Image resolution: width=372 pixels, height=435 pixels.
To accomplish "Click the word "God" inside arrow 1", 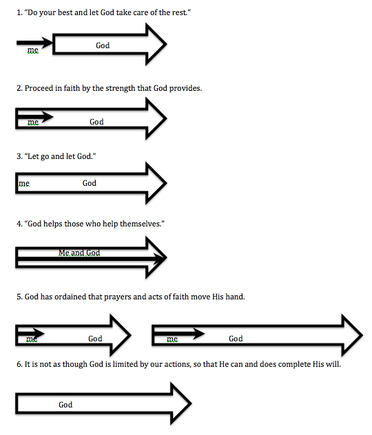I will [x=103, y=45].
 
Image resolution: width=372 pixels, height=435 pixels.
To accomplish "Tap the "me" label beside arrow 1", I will [x=32, y=50].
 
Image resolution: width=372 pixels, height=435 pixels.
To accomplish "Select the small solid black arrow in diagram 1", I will [x=34, y=43].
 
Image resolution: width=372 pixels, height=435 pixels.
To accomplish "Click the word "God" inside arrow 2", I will [x=96, y=122].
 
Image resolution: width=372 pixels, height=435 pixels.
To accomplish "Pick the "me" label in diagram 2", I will [x=32, y=123].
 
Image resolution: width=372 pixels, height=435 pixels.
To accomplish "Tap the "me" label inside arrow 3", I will [x=24, y=184].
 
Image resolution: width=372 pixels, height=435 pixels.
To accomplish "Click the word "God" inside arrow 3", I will [x=90, y=183].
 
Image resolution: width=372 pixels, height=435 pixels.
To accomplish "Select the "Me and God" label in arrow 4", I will [x=79, y=253].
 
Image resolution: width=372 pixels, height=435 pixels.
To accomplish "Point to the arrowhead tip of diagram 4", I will [x=165, y=258].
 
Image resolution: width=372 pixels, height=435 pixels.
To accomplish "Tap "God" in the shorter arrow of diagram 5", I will [x=95, y=339].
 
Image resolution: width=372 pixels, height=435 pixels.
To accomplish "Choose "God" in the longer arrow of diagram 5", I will [x=236, y=339].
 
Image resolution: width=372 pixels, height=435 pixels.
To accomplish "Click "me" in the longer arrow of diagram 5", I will [x=172, y=339].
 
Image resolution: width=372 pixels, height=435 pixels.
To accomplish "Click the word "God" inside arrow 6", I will [x=65, y=405].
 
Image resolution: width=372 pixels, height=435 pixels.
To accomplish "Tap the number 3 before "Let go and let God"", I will [x=19, y=157].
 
